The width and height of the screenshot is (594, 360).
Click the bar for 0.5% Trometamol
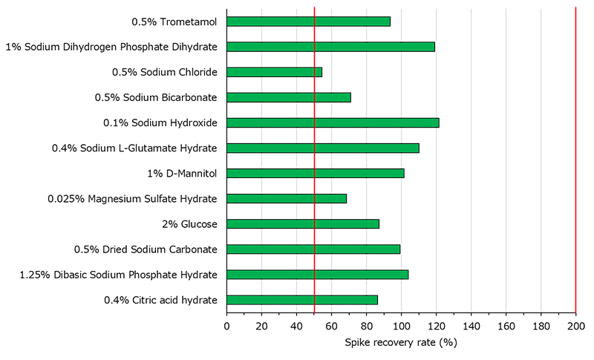308,22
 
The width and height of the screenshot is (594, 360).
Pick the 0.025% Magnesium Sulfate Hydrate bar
287,198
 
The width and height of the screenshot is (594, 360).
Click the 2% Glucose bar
303,223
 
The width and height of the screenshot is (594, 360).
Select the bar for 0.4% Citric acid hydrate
302,300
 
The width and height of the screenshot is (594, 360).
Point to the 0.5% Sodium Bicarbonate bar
289,97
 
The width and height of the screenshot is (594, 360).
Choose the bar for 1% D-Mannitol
316,173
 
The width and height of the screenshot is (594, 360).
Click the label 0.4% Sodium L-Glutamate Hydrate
134,148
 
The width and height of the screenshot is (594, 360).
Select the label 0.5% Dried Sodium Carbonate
146,249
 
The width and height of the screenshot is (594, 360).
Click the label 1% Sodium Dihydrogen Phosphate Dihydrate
111,47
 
